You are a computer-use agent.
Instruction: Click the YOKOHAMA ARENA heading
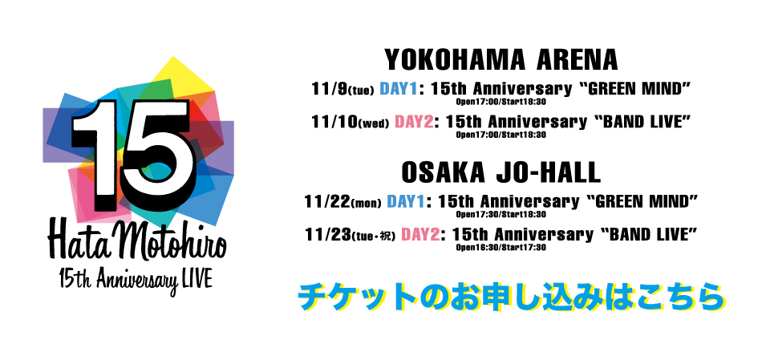500,60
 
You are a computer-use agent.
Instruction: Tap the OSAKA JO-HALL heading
500,172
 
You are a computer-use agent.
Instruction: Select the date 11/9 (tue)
342,89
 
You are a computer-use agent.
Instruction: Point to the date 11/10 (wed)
351,122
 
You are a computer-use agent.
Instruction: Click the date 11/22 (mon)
342,202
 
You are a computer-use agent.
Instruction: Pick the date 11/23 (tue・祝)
350,235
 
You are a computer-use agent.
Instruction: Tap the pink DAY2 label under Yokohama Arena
414,121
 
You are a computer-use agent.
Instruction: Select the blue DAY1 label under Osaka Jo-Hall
405,201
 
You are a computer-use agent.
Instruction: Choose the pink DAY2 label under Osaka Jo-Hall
419,234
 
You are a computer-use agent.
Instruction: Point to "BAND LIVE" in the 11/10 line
639,121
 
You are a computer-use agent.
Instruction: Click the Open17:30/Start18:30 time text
500,215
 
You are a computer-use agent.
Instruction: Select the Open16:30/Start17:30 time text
500,248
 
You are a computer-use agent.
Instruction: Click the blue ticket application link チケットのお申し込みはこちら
512,296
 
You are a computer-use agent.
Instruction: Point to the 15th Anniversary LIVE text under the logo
136,282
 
